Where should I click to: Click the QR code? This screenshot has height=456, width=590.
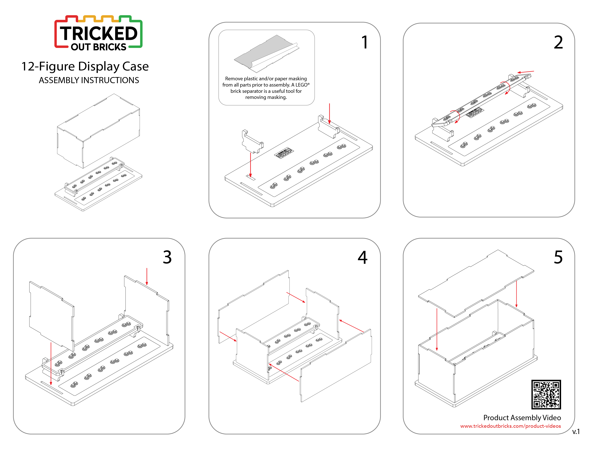point(546,394)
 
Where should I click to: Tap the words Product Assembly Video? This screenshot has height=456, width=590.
point(522,418)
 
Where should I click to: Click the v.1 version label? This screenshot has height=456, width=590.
point(576,432)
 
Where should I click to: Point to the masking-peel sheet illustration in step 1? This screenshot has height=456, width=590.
point(266,54)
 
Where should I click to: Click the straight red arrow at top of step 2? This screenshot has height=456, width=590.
point(525,72)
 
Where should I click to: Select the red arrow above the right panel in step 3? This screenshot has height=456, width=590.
point(147,276)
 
